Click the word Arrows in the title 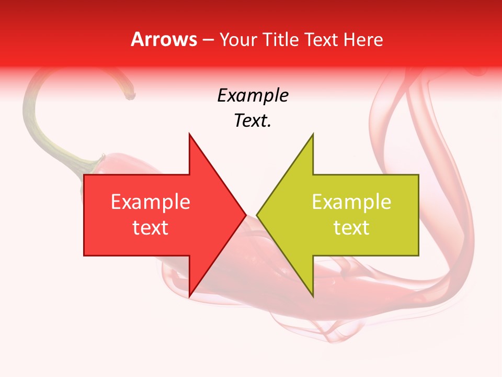click(164, 39)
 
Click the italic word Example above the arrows click(253, 95)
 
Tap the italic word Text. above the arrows click(253, 120)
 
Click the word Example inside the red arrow click(150, 202)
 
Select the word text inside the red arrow click(150, 228)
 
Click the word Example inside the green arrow click(351, 202)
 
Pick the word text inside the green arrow click(351, 228)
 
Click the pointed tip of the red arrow click(246, 215)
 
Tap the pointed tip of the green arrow click(257, 215)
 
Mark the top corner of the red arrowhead click(189, 134)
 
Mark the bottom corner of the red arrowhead click(189, 296)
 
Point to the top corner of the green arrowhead click(313, 134)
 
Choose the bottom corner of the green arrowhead click(313, 296)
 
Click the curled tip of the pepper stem click(130, 95)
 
